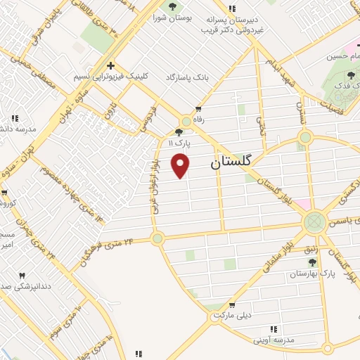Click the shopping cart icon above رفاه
coord(199,109)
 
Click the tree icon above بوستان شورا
coord(172,7)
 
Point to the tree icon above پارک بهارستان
coord(312,262)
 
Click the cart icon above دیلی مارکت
coord(232,304)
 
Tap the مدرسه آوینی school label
coord(276,340)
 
